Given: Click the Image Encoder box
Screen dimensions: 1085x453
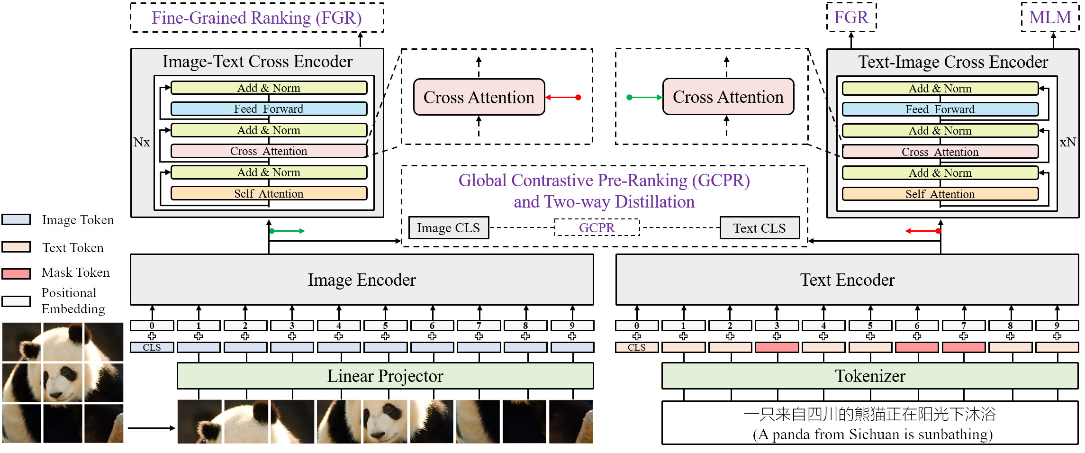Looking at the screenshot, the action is click(362, 280).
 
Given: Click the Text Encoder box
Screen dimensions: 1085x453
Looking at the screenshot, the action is click(847, 280).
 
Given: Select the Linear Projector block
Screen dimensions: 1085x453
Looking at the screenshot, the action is click(385, 376).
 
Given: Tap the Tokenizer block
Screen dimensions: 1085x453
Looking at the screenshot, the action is click(870, 376).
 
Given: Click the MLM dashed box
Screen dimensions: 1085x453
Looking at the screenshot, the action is click(1050, 18).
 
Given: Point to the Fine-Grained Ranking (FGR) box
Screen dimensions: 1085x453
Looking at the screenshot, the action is click(257, 18).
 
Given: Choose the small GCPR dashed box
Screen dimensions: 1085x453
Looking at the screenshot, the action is click(597, 227).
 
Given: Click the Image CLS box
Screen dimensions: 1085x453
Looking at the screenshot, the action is click(448, 228).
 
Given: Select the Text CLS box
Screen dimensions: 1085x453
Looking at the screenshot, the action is click(759, 228).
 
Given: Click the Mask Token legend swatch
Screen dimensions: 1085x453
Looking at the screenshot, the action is click(16, 273).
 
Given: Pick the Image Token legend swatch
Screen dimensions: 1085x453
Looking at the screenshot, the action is click(16, 219).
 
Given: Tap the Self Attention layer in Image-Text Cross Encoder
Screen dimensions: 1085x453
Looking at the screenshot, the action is click(269, 193).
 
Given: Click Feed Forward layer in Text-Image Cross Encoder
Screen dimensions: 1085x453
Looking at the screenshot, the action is click(940, 109).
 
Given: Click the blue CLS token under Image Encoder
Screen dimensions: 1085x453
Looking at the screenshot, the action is click(152, 347).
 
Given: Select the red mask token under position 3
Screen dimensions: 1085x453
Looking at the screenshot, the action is click(777, 347).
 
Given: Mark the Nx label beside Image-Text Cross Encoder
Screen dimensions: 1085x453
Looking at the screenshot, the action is click(141, 142).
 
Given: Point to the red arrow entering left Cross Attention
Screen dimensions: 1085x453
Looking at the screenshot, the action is click(563, 98).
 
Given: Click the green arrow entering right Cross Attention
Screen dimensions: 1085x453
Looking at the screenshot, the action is click(644, 98).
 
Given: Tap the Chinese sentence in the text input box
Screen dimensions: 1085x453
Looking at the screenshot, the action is click(869, 414).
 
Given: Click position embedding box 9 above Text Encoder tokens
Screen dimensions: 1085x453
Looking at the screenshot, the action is click(1057, 326).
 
